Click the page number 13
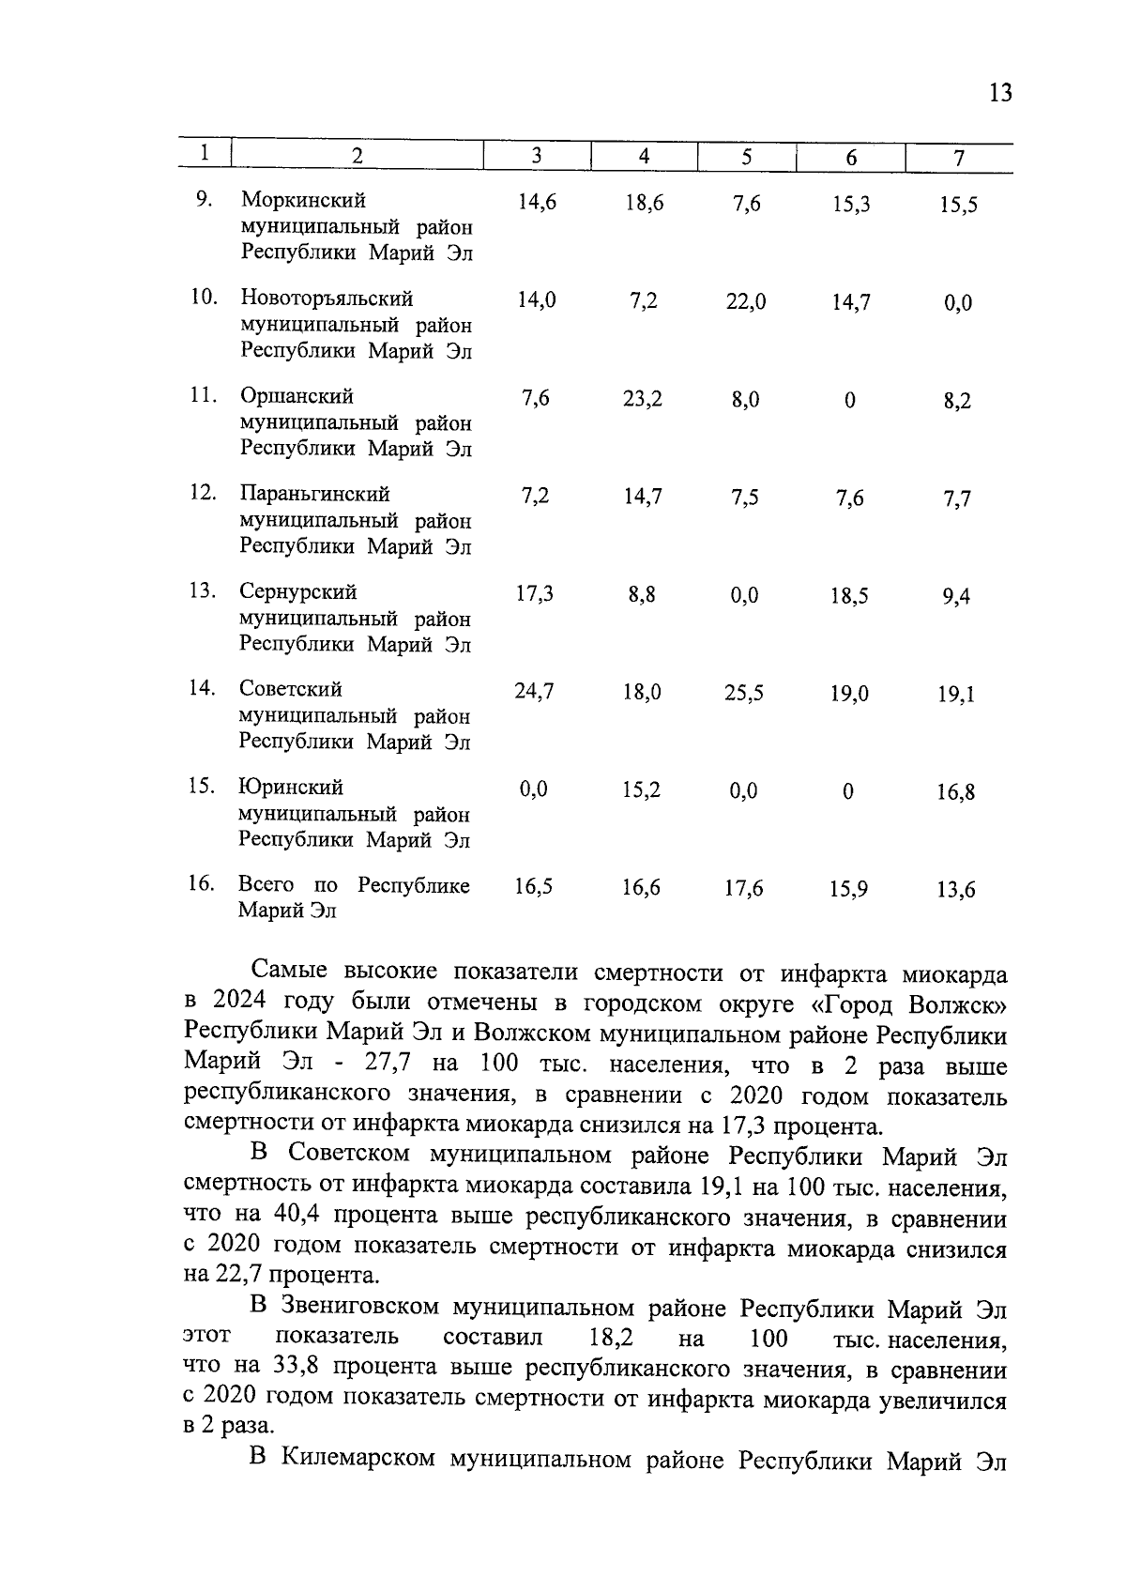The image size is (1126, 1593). pos(1000,93)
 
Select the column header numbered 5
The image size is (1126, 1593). pos(746,158)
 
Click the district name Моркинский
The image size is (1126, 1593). pos(303,200)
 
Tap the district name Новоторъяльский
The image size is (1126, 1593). pos(327,299)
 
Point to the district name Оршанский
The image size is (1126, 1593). pos(297,396)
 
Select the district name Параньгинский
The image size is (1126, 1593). pos(314,494)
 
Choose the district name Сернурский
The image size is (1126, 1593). pos(297,591)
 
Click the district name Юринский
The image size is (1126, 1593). pos(291,787)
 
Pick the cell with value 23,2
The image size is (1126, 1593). pos(642,399)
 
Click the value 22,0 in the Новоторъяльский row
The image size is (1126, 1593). pos(745,302)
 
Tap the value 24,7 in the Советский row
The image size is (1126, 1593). pos(534,692)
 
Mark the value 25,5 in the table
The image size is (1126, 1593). pos(744,694)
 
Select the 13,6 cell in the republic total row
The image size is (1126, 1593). pos(956,889)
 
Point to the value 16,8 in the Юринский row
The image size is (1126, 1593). pos(956,792)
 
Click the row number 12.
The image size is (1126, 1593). pos(203,493)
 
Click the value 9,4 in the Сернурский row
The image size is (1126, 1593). pos(956,596)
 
